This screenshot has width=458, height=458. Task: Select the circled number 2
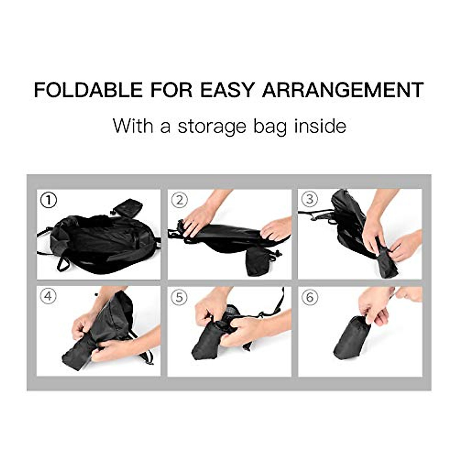180,200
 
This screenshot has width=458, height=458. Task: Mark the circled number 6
310,297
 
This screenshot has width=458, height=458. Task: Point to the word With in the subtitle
134,126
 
